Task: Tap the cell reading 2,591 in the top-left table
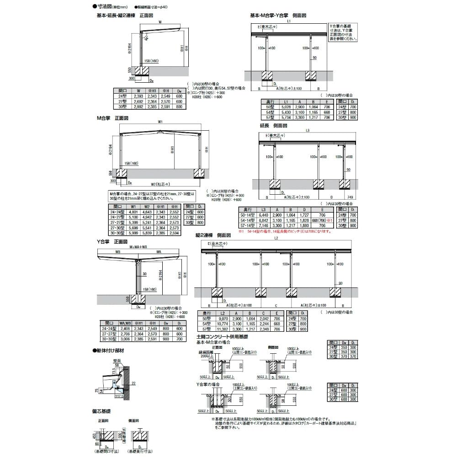164,106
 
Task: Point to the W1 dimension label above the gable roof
159,122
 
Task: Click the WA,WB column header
125,323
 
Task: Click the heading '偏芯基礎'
101,411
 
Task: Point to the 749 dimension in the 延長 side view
350,197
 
